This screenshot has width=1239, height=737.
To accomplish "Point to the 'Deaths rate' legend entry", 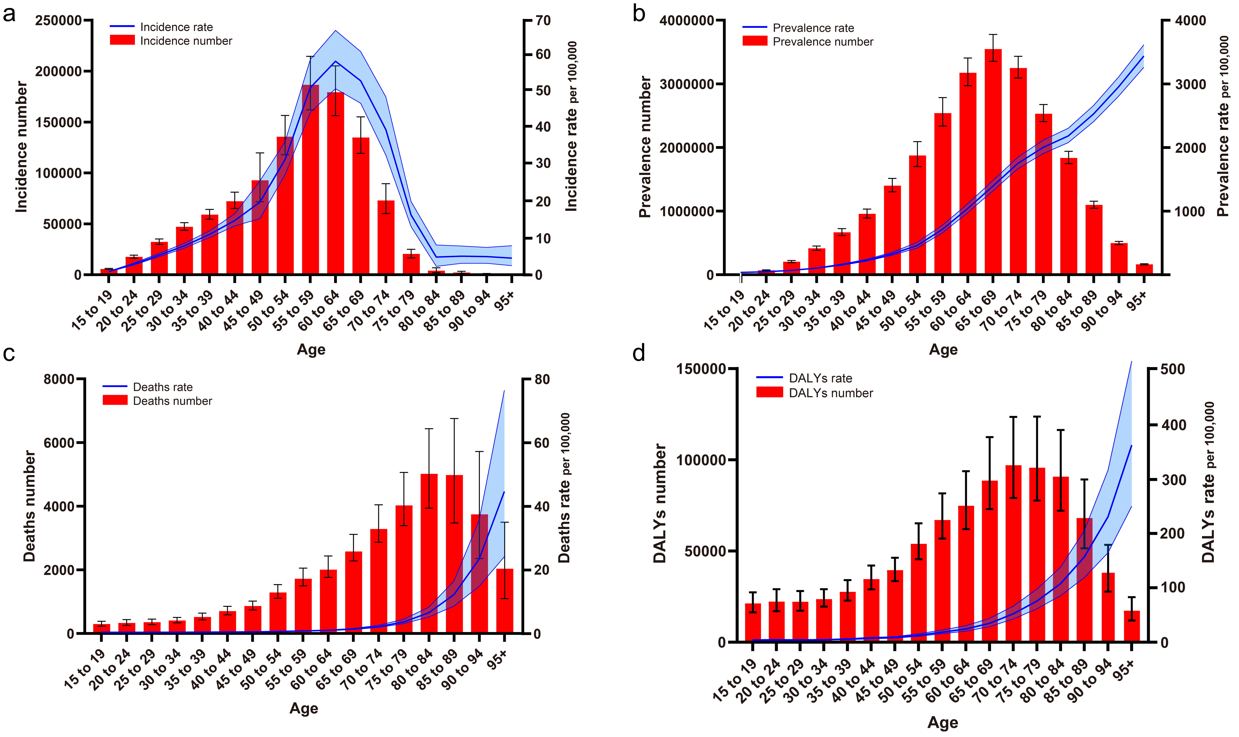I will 163,387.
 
